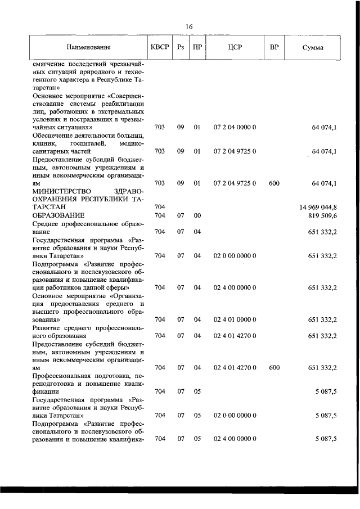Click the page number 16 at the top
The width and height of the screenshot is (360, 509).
click(189, 27)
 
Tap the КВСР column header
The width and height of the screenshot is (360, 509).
click(159, 47)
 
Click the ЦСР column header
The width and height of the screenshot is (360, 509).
click(235, 47)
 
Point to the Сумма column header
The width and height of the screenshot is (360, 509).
click(312, 47)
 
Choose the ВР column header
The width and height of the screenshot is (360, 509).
click(274, 47)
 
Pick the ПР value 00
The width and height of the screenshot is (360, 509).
click(197, 215)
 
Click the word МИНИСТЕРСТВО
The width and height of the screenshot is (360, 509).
click(62, 191)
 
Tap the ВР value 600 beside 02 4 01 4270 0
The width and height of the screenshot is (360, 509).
click(274, 367)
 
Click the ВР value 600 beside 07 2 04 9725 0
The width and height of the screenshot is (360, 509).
click(274, 183)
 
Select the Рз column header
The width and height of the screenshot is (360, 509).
click(181, 47)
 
